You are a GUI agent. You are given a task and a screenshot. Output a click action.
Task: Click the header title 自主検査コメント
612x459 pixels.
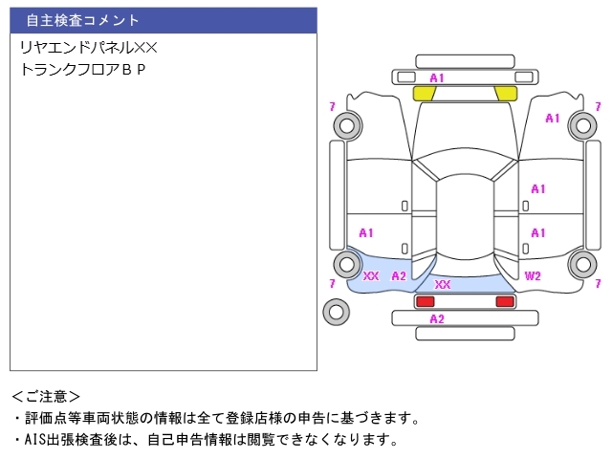tap(82, 20)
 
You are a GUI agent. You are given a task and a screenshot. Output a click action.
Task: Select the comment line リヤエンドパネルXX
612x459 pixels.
tap(89, 48)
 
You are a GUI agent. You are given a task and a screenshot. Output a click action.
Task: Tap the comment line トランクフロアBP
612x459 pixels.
tap(83, 69)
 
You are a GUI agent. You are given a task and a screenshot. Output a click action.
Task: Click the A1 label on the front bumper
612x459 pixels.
tap(437, 78)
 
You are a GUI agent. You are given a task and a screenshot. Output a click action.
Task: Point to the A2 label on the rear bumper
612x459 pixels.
tap(437, 318)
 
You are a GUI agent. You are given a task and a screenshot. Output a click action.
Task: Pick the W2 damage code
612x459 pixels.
tap(533, 276)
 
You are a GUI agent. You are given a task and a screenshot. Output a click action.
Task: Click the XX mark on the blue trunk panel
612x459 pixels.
tap(442, 285)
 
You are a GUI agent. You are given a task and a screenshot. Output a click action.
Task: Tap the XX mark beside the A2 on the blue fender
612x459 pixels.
tap(371, 276)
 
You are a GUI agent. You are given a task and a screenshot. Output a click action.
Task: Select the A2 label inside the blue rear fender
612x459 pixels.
tap(399, 276)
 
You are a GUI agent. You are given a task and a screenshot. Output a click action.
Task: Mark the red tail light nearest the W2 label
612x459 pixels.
tap(505, 301)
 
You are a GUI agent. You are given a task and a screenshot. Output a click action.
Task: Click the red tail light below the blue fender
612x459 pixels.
tap(425, 301)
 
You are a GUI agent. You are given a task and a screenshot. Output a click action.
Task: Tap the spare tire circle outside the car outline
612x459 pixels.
tap(336, 312)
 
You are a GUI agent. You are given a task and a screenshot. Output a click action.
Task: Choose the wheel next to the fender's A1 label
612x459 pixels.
tap(583, 125)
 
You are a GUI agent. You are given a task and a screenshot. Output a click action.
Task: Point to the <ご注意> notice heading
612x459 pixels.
tap(46, 397)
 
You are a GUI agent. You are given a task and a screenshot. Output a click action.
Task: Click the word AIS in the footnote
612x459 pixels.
tap(35, 440)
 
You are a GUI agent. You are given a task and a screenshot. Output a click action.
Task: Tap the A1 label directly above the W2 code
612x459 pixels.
tap(537, 233)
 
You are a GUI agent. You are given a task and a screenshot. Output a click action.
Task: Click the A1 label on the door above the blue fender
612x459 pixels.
tap(365, 233)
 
